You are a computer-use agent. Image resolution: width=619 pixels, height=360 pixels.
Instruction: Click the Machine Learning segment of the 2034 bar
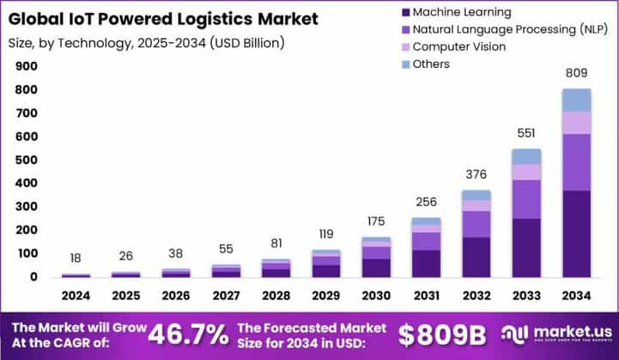tap(576, 234)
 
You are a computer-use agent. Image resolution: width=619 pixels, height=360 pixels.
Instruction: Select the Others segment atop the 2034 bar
tap(576, 100)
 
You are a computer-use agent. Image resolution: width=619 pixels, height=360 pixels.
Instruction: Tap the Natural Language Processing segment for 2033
tap(526, 198)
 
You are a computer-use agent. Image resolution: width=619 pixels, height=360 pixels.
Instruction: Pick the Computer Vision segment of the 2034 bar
tap(576, 123)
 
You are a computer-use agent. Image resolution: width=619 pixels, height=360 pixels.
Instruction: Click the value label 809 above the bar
tap(577, 74)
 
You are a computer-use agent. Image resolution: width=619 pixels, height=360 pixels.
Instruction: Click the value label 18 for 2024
tap(76, 258)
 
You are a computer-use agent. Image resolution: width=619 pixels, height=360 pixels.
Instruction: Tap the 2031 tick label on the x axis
tap(426, 296)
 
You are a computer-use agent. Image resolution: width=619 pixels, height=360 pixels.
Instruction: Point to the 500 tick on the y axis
tap(27, 160)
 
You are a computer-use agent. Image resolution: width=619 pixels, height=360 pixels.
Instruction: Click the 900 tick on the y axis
tap(27, 66)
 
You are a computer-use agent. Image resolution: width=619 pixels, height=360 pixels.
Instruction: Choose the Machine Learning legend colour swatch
tap(404, 12)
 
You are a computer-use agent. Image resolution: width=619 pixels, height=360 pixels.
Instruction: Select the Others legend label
tap(431, 64)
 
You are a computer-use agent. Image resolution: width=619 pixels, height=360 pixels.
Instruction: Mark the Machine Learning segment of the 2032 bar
tap(476, 257)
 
